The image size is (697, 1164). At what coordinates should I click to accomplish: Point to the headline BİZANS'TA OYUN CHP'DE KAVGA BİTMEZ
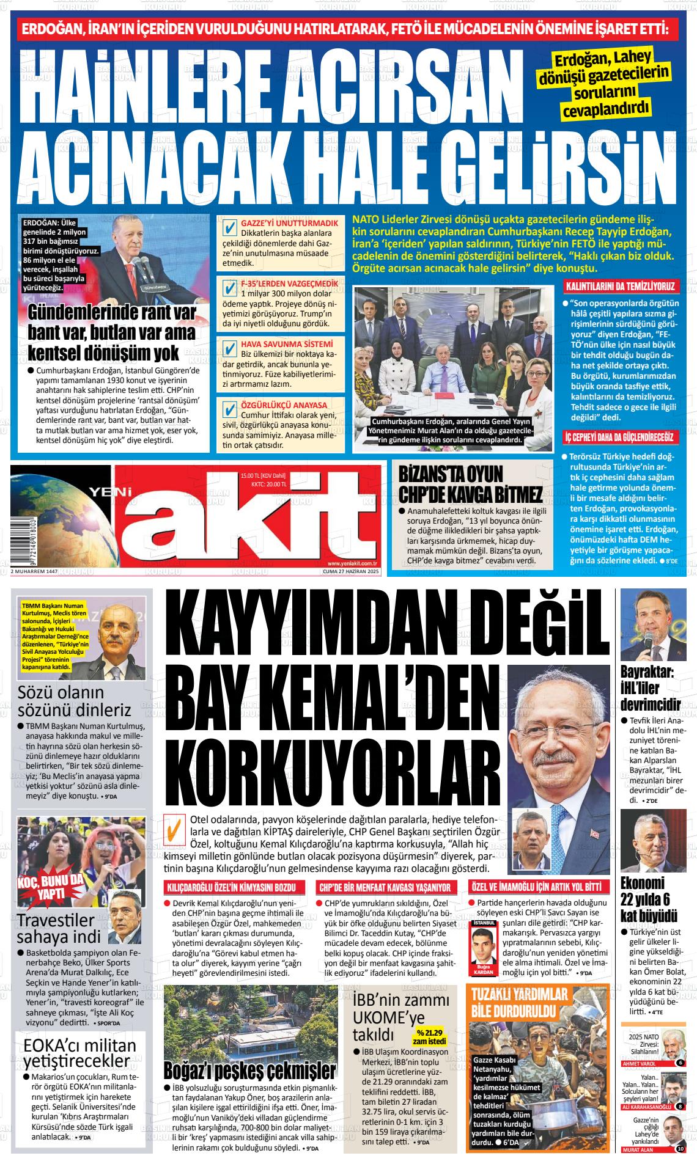click(x=469, y=485)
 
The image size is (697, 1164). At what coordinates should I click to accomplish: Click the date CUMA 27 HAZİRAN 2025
click(x=352, y=571)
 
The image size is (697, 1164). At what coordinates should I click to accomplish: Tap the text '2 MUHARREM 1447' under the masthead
click(x=34, y=571)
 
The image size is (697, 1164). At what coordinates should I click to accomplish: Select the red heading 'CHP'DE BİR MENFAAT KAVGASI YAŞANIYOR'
click(x=386, y=887)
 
